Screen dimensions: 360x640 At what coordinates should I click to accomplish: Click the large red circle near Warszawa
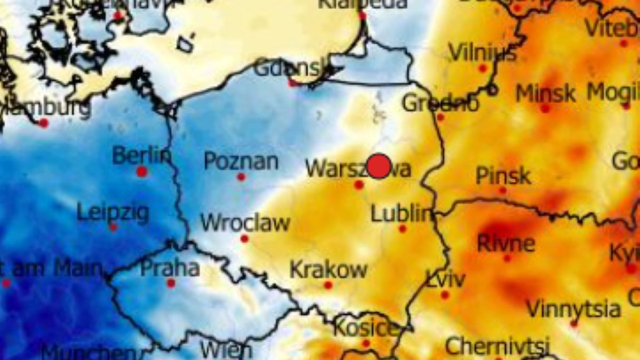tap(379, 166)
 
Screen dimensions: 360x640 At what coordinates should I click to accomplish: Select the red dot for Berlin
tap(141, 172)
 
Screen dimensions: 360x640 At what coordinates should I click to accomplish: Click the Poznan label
tap(241, 161)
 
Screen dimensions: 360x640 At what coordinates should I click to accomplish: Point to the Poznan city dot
tap(241, 177)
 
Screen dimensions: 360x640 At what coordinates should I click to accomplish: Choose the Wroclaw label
tap(245, 222)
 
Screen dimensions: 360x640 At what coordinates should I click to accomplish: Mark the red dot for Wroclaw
tap(244, 238)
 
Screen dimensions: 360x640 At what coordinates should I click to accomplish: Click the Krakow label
tap(328, 269)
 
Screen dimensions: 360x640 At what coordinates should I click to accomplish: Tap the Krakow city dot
tap(328, 285)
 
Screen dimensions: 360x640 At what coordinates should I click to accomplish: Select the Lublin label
tap(401, 214)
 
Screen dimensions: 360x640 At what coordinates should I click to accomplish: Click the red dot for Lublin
tap(402, 229)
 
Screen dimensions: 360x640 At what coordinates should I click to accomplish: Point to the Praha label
tap(170, 268)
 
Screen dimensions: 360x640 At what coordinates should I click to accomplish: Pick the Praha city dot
tap(171, 283)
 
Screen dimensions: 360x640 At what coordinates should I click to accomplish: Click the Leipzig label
tap(113, 212)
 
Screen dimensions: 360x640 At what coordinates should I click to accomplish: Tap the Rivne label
tap(506, 243)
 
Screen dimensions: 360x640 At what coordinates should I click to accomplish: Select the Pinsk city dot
tap(502, 190)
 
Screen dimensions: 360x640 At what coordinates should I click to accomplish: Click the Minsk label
tap(545, 93)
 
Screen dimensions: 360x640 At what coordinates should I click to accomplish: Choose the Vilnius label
tap(482, 53)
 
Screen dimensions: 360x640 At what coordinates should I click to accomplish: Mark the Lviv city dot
tap(445, 295)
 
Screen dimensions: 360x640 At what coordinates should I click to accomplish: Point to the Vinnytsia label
tap(573, 308)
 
